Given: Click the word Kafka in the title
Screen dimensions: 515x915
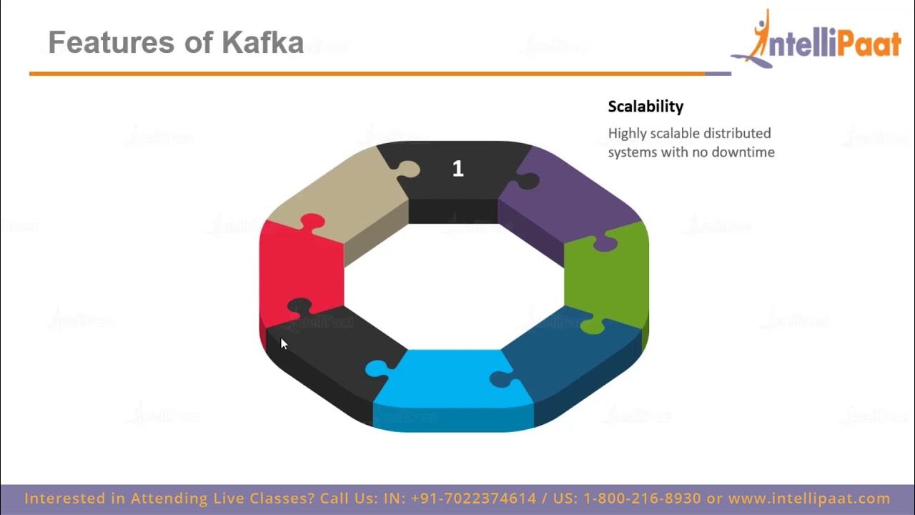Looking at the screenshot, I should (x=262, y=43).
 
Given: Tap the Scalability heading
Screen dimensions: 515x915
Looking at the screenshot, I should (x=646, y=107).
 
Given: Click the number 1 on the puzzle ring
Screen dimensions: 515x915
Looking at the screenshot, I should (x=457, y=169).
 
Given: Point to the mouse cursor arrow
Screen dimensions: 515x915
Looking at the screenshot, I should (x=283, y=344).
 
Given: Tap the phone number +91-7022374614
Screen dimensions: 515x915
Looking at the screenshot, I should (x=474, y=499).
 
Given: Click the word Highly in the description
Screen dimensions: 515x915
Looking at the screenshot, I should (x=628, y=134).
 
